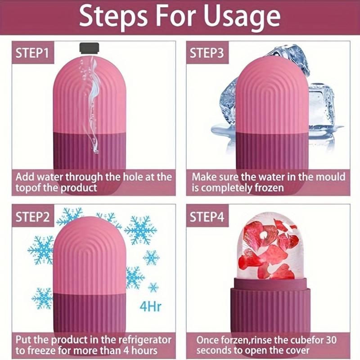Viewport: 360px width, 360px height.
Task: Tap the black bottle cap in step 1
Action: point(90,47)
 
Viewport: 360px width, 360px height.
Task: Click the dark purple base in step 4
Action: point(269,306)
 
